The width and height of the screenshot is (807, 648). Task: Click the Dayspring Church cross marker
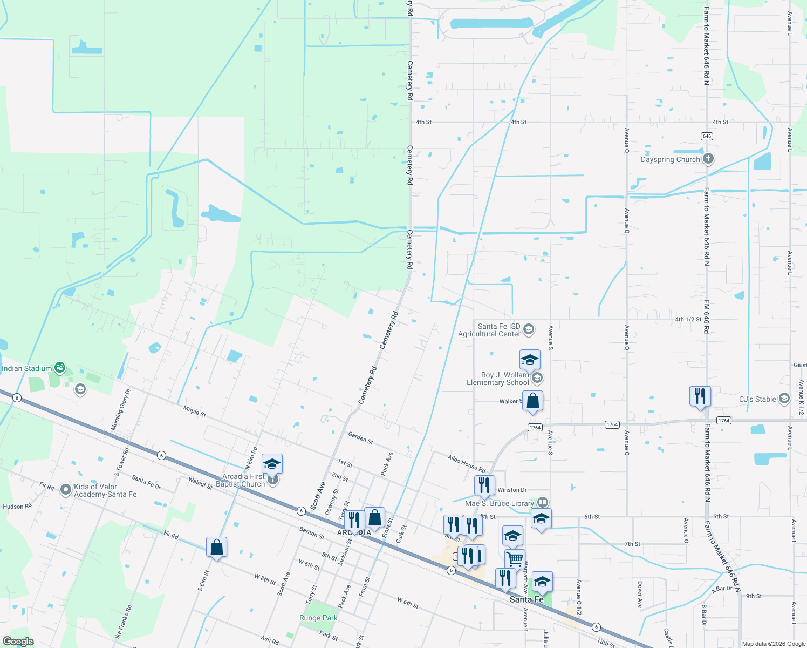click(x=708, y=159)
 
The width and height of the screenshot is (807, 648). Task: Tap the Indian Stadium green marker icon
click(x=60, y=368)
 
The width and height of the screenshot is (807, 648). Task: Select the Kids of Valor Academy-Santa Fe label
click(x=105, y=490)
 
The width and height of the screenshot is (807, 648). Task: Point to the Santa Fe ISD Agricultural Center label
click(x=489, y=330)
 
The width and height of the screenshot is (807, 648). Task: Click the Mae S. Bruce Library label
click(x=499, y=503)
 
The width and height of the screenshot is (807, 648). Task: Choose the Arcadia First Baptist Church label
click(x=243, y=480)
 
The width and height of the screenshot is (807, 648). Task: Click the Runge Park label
click(x=318, y=618)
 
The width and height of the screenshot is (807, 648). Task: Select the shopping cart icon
click(x=515, y=559)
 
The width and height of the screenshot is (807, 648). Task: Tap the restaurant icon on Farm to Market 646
click(x=700, y=396)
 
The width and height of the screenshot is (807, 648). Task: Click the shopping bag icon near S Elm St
click(x=216, y=547)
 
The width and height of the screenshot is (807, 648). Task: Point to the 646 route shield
click(x=707, y=136)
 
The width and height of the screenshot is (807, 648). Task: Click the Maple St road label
click(x=194, y=411)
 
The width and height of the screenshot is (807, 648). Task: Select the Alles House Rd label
click(x=466, y=463)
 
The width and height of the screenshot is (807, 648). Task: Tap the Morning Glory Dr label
click(x=120, y=410)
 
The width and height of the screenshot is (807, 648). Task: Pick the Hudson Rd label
click(x=17, y=507)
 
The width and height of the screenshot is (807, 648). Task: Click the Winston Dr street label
click(x=512, y=490)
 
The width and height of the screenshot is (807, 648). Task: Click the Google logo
click(x=18, y=641)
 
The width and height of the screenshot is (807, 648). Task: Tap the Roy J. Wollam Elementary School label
click(x=497, y=379)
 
